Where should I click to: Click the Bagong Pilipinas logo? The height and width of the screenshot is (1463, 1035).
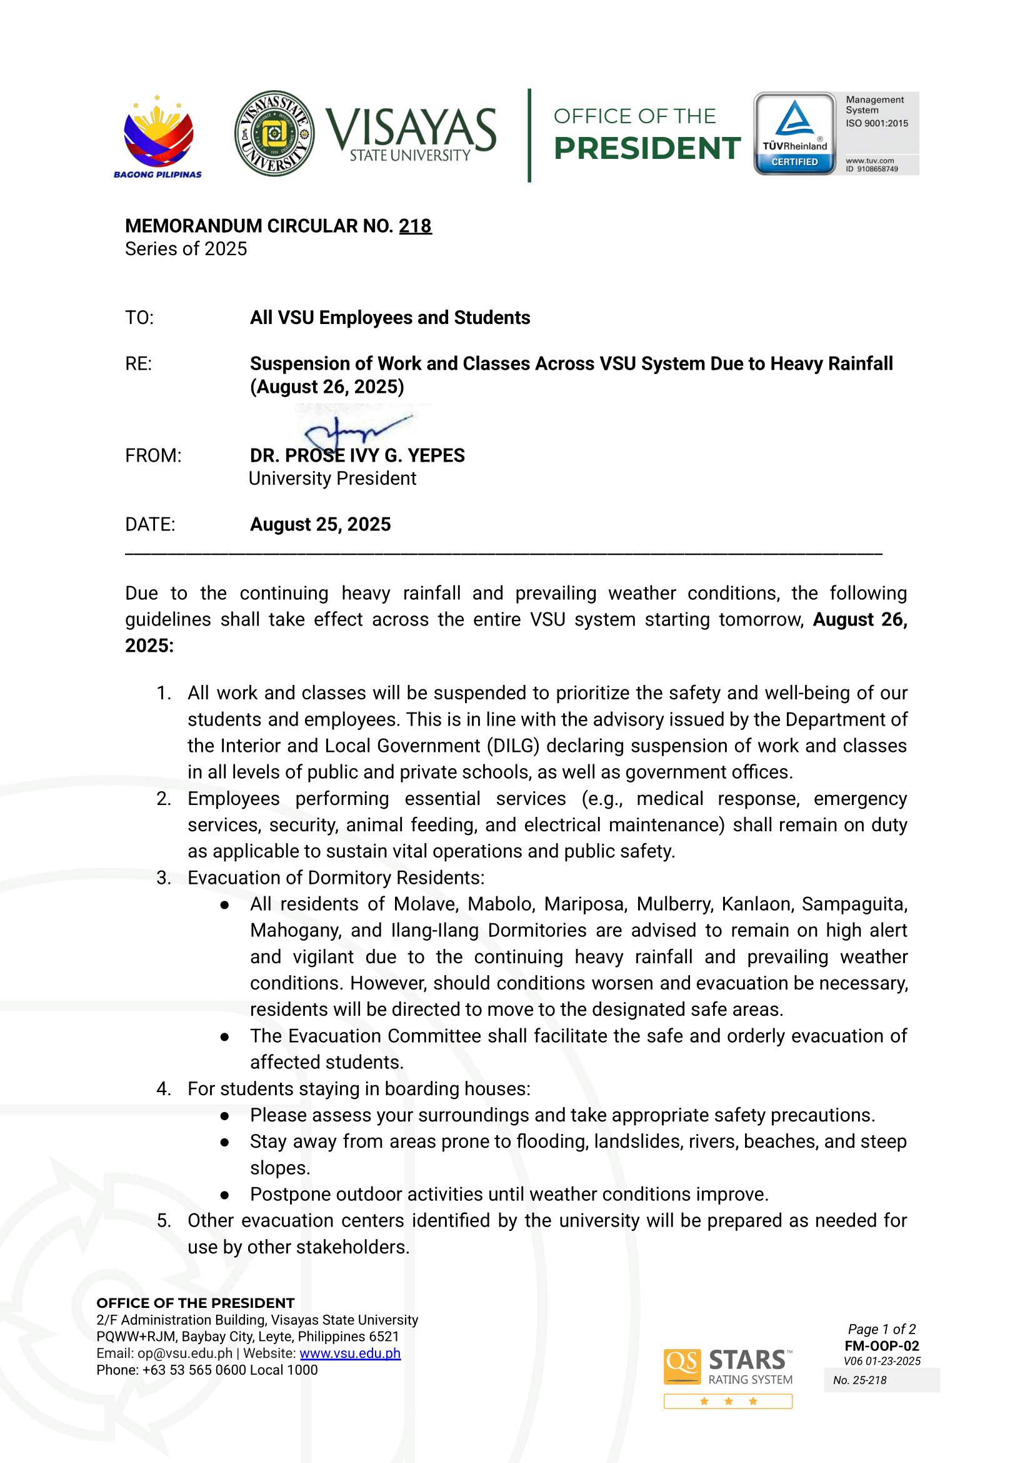pos(157,136)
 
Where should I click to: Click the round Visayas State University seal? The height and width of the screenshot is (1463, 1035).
pos(274,133)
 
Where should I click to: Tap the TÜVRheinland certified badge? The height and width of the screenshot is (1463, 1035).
pos(795,133)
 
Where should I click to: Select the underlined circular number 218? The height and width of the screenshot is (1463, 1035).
pos(415,226)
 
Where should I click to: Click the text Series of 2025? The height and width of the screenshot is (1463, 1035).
pos(186,249)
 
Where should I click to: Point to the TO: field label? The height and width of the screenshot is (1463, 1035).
pos(139,318)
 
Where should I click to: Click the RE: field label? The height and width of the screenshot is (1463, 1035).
pos(138,363)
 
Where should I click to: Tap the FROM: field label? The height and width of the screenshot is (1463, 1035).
pos(153,455)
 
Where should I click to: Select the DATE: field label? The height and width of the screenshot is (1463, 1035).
pos(150,524)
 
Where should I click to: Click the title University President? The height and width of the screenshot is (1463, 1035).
pos(332,478)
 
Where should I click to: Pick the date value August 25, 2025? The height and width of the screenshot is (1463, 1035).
pos(320,524)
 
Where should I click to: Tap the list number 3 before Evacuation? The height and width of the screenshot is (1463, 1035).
pos(164,878)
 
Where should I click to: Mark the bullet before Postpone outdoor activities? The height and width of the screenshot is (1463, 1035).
pos(225,1195)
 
